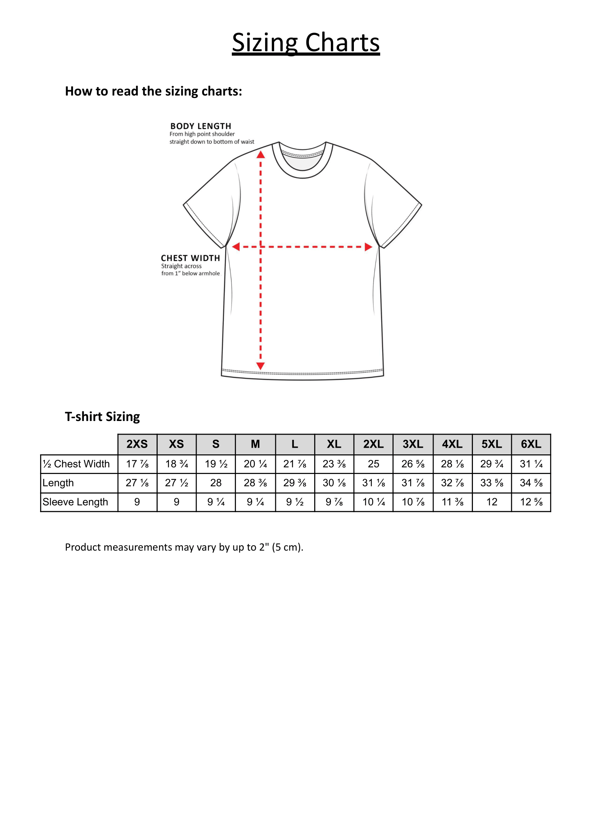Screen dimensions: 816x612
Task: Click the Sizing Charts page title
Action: pos(306,42)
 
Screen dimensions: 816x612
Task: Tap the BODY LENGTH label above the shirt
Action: pos(201,126)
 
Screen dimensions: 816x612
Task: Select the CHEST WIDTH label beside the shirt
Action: pos(190,258)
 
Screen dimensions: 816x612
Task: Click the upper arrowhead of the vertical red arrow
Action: pos(261,154)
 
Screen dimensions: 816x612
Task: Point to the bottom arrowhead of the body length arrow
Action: pos(261,366)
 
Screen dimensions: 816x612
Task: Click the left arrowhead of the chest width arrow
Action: pos(236,247)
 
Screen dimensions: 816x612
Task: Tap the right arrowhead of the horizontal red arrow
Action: pos(368,247)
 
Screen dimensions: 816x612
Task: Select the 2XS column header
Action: pos(137,444)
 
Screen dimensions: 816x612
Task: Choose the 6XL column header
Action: pos(531,444)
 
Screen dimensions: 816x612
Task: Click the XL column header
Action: pos(334,444)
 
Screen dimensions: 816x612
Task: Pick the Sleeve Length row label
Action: pos(75,502)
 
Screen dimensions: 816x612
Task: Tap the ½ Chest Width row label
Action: pos(76,464)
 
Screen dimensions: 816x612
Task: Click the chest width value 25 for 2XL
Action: pos(374,464)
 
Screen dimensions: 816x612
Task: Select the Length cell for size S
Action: pos(216,483)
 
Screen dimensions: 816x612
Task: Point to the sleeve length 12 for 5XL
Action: pos(492,502)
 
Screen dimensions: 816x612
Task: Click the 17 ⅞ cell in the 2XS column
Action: pos(137,464)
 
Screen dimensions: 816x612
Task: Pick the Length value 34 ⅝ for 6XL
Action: pos(531,483)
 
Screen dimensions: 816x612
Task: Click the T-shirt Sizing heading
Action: pos(102,417)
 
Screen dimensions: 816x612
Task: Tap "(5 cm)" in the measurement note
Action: pos(287,547)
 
